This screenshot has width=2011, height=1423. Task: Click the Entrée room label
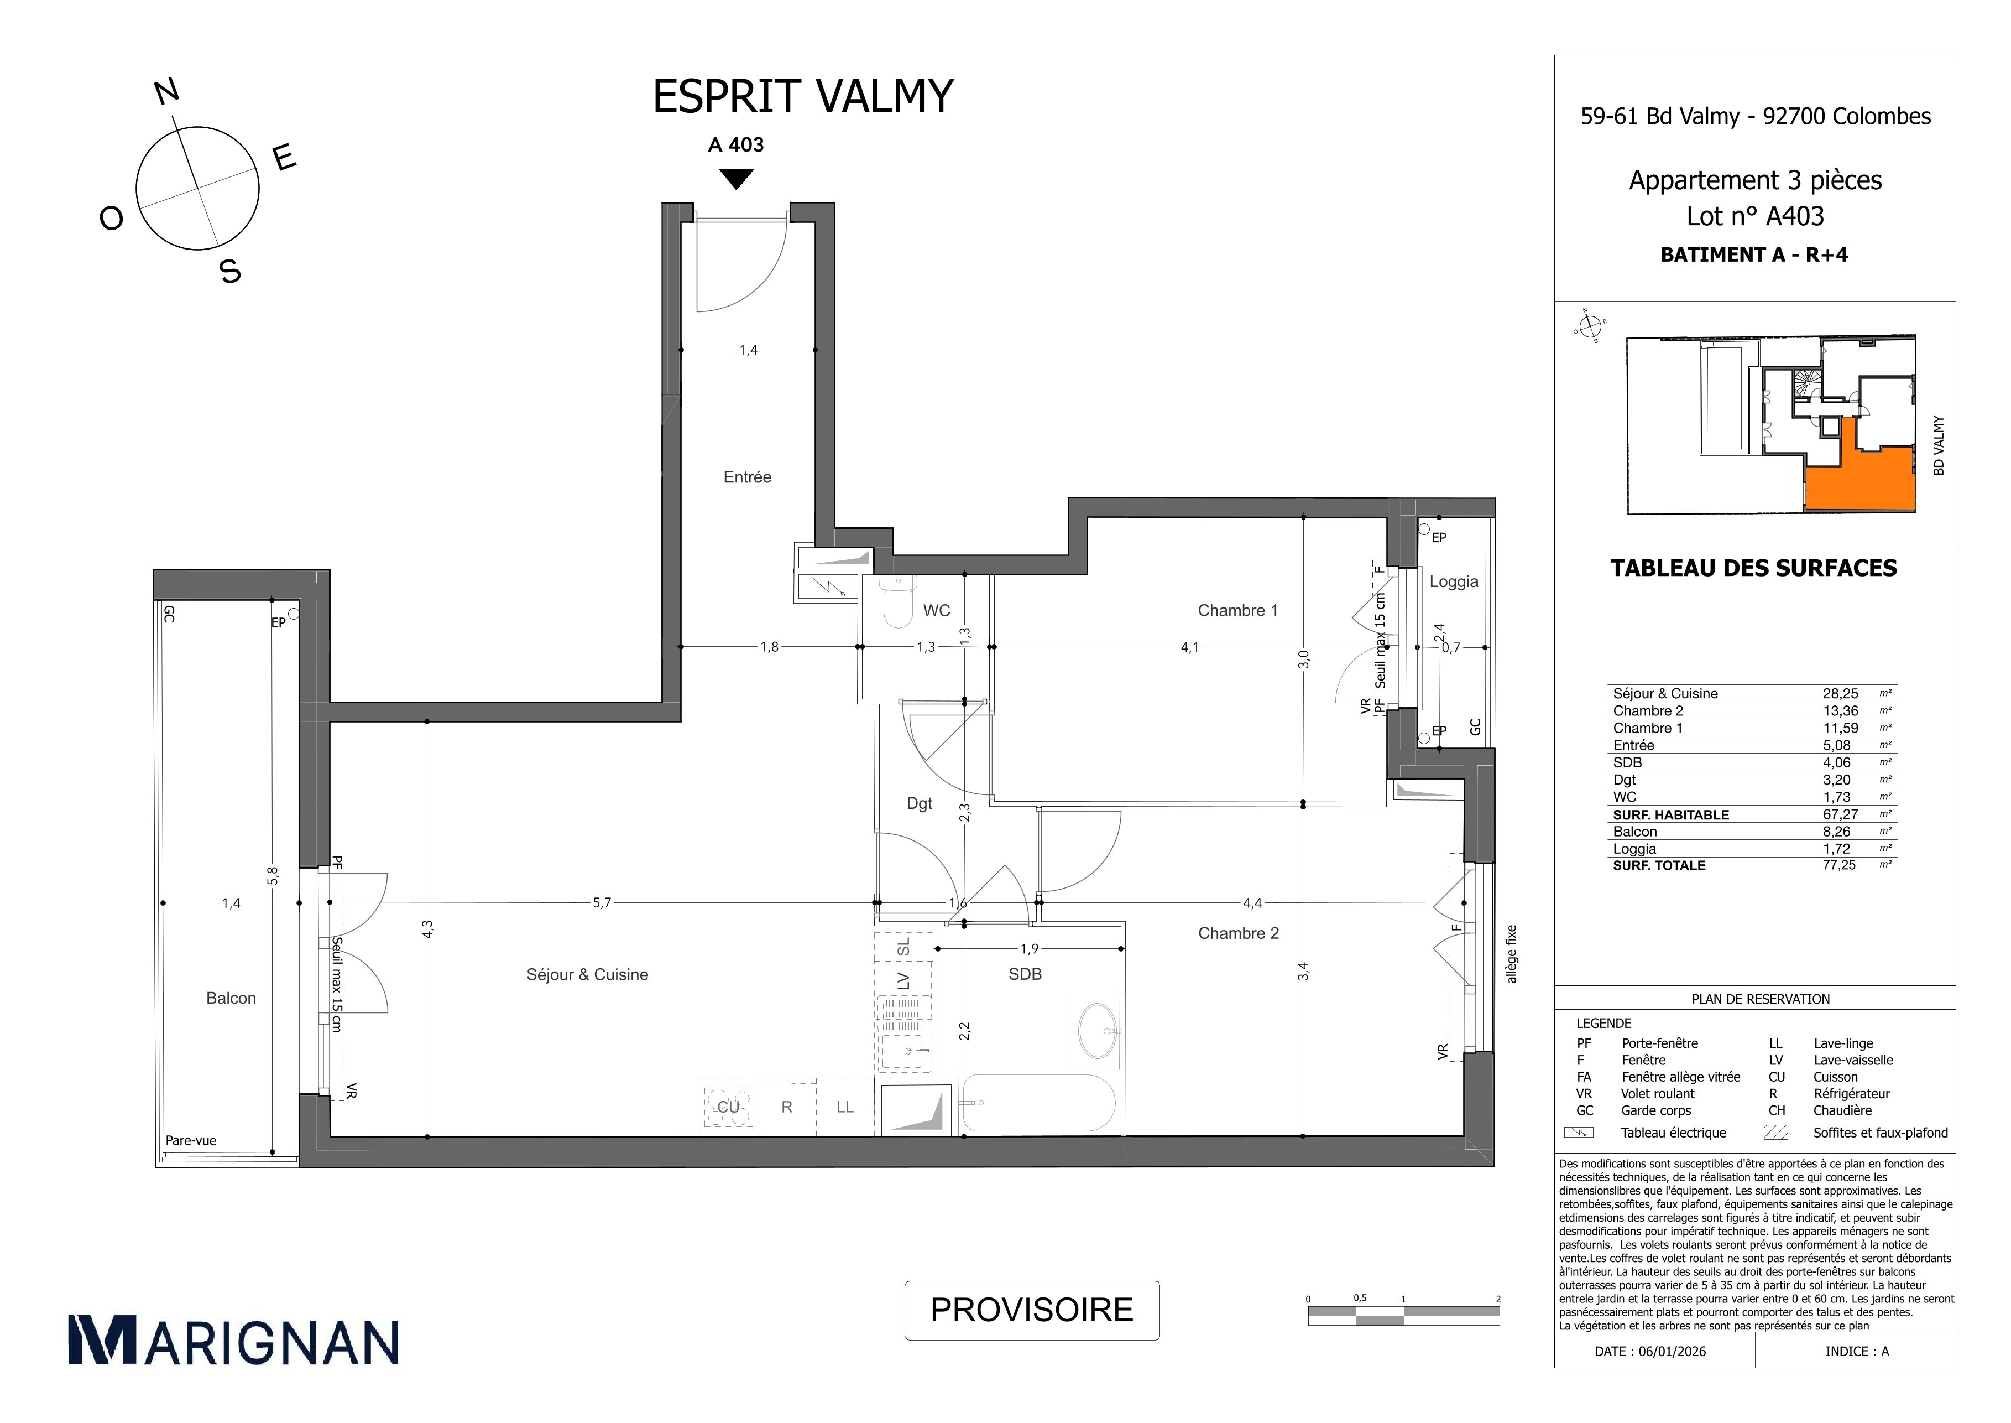[x=747, y=477]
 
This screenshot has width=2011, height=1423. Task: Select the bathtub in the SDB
[x=1038, y=1102]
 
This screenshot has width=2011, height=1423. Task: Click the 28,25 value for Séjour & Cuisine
[x=1840, y=693]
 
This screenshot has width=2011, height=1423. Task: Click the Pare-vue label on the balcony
[x=191, y=1141]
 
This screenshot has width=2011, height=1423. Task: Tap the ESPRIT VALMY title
[x=803, y=97]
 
